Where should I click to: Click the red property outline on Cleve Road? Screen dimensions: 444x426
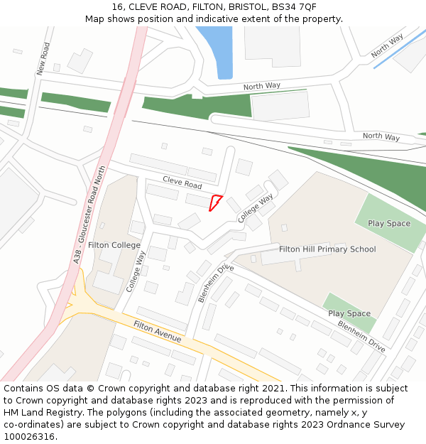(x=215, y=203)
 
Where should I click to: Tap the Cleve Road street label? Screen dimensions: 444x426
(x=182, y=183)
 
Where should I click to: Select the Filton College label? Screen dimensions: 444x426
(x=114, y=245)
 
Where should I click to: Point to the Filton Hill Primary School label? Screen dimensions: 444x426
(x=327, y=249)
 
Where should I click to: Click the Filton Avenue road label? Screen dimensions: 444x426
(x=158, y=332)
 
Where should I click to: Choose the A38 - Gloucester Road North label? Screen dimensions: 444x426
(x=89, y=215)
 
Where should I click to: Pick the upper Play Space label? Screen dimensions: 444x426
(x=389, y=224)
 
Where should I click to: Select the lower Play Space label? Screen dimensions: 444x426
(x=349, y=313)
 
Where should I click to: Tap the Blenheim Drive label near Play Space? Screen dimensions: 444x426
(x=361, y=337)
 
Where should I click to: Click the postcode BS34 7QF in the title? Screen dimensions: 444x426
(x=296, y=7)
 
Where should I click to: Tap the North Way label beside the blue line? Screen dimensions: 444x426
(x=387, y=45)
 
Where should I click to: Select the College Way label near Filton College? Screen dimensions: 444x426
(x=135, y=271)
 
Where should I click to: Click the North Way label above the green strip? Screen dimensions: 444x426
(x=262, y=86)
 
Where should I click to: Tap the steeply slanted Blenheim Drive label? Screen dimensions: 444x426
(x=216, y=283)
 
